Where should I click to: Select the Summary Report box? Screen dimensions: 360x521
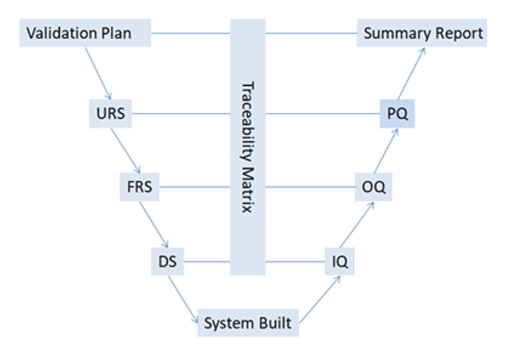click(x=422, y=33)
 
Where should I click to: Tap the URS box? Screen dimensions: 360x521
click(x=110, y=113)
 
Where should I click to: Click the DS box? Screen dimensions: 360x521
click(x=167, y=262)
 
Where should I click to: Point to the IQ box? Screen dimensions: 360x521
click(x=340, y=262)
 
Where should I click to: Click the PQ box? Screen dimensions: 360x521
click(x=397, y=113)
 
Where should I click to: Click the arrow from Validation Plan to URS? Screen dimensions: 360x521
click(x=98, y=72)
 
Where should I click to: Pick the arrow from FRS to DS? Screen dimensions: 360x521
click(x=153, y=225)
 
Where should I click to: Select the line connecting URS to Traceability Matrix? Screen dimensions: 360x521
click(x=181, y=113)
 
